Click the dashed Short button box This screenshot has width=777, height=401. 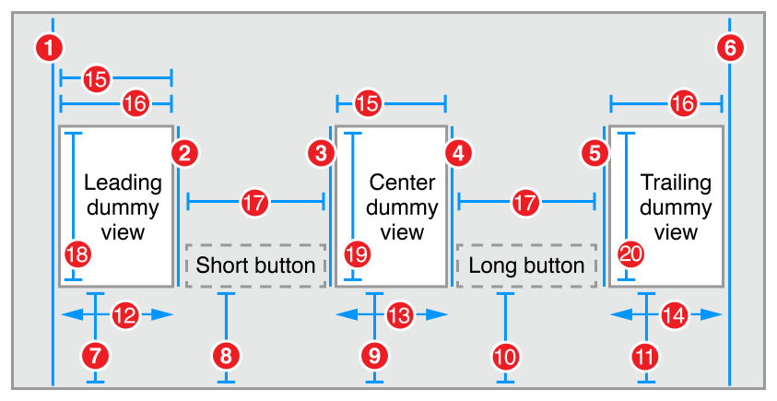tap(255, 265)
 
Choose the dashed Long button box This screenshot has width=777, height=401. tap(526, 265)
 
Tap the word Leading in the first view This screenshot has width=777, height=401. tap(123, 182)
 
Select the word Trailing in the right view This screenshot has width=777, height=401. tap(676, 183)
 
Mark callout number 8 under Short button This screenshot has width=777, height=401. tap(227, 353)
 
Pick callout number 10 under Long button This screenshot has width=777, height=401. tap(505, 353)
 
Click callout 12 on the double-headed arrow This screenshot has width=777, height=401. tap(124, 315)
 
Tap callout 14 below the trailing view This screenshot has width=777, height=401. tap(675, 315)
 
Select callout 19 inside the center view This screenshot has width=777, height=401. tap(355, 254)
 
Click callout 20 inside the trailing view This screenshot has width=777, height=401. tap(630, 254)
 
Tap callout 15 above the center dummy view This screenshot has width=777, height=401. tap(367, 104)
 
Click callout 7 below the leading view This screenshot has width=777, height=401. tap(95, 353)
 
